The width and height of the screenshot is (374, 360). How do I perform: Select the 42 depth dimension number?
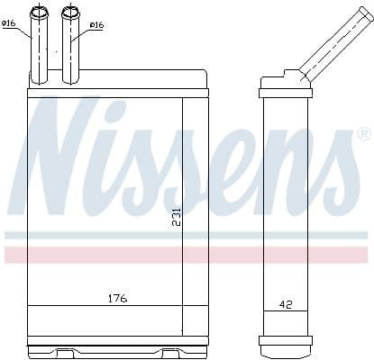pos(284,306)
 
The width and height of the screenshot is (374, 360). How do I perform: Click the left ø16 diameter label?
pos(9,24)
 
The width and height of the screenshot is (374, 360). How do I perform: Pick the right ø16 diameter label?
pos(96,25)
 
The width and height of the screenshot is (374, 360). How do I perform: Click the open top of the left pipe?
pos(40,11)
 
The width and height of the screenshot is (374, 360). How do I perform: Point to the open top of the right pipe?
pos(70,11)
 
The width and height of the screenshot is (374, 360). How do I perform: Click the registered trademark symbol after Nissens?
pos(362,135)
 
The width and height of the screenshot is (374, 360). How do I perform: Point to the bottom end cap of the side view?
pos(286,341)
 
